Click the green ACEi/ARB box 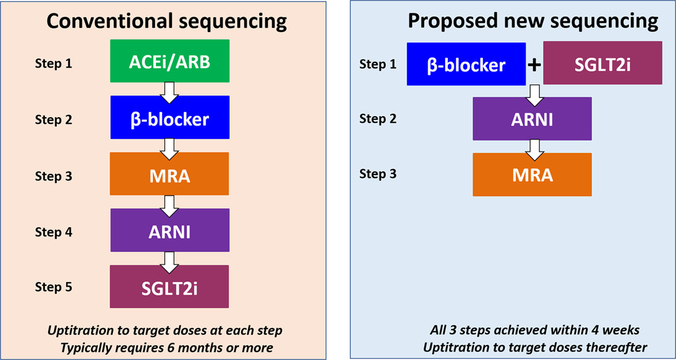coord(170,61)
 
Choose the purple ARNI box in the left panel coord(170,230)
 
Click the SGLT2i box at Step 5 coord(170,286)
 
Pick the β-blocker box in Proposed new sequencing coord(466,64)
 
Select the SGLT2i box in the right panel coord(602,64)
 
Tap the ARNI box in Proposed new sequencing coord(532,119)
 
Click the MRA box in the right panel coord(532,174)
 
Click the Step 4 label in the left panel coord(54,232)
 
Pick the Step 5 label coord(54,287)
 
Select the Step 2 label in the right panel coord(378,119)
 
